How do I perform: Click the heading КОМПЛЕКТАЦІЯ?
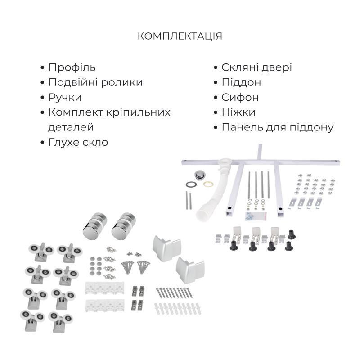pos(180,36)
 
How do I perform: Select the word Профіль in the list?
pos(72,67)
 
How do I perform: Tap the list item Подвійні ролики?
pos(95,82)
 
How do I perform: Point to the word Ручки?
pos(65,97)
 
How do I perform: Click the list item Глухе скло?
pos(78,142)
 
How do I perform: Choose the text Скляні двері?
pos(256,67)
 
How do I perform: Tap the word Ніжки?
pos(238,112)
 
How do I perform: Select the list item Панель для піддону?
pos(277,127)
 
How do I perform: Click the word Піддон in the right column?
pos(241,82)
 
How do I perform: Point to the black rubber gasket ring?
pos(191,184)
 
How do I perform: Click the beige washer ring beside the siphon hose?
pos(208,184)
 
